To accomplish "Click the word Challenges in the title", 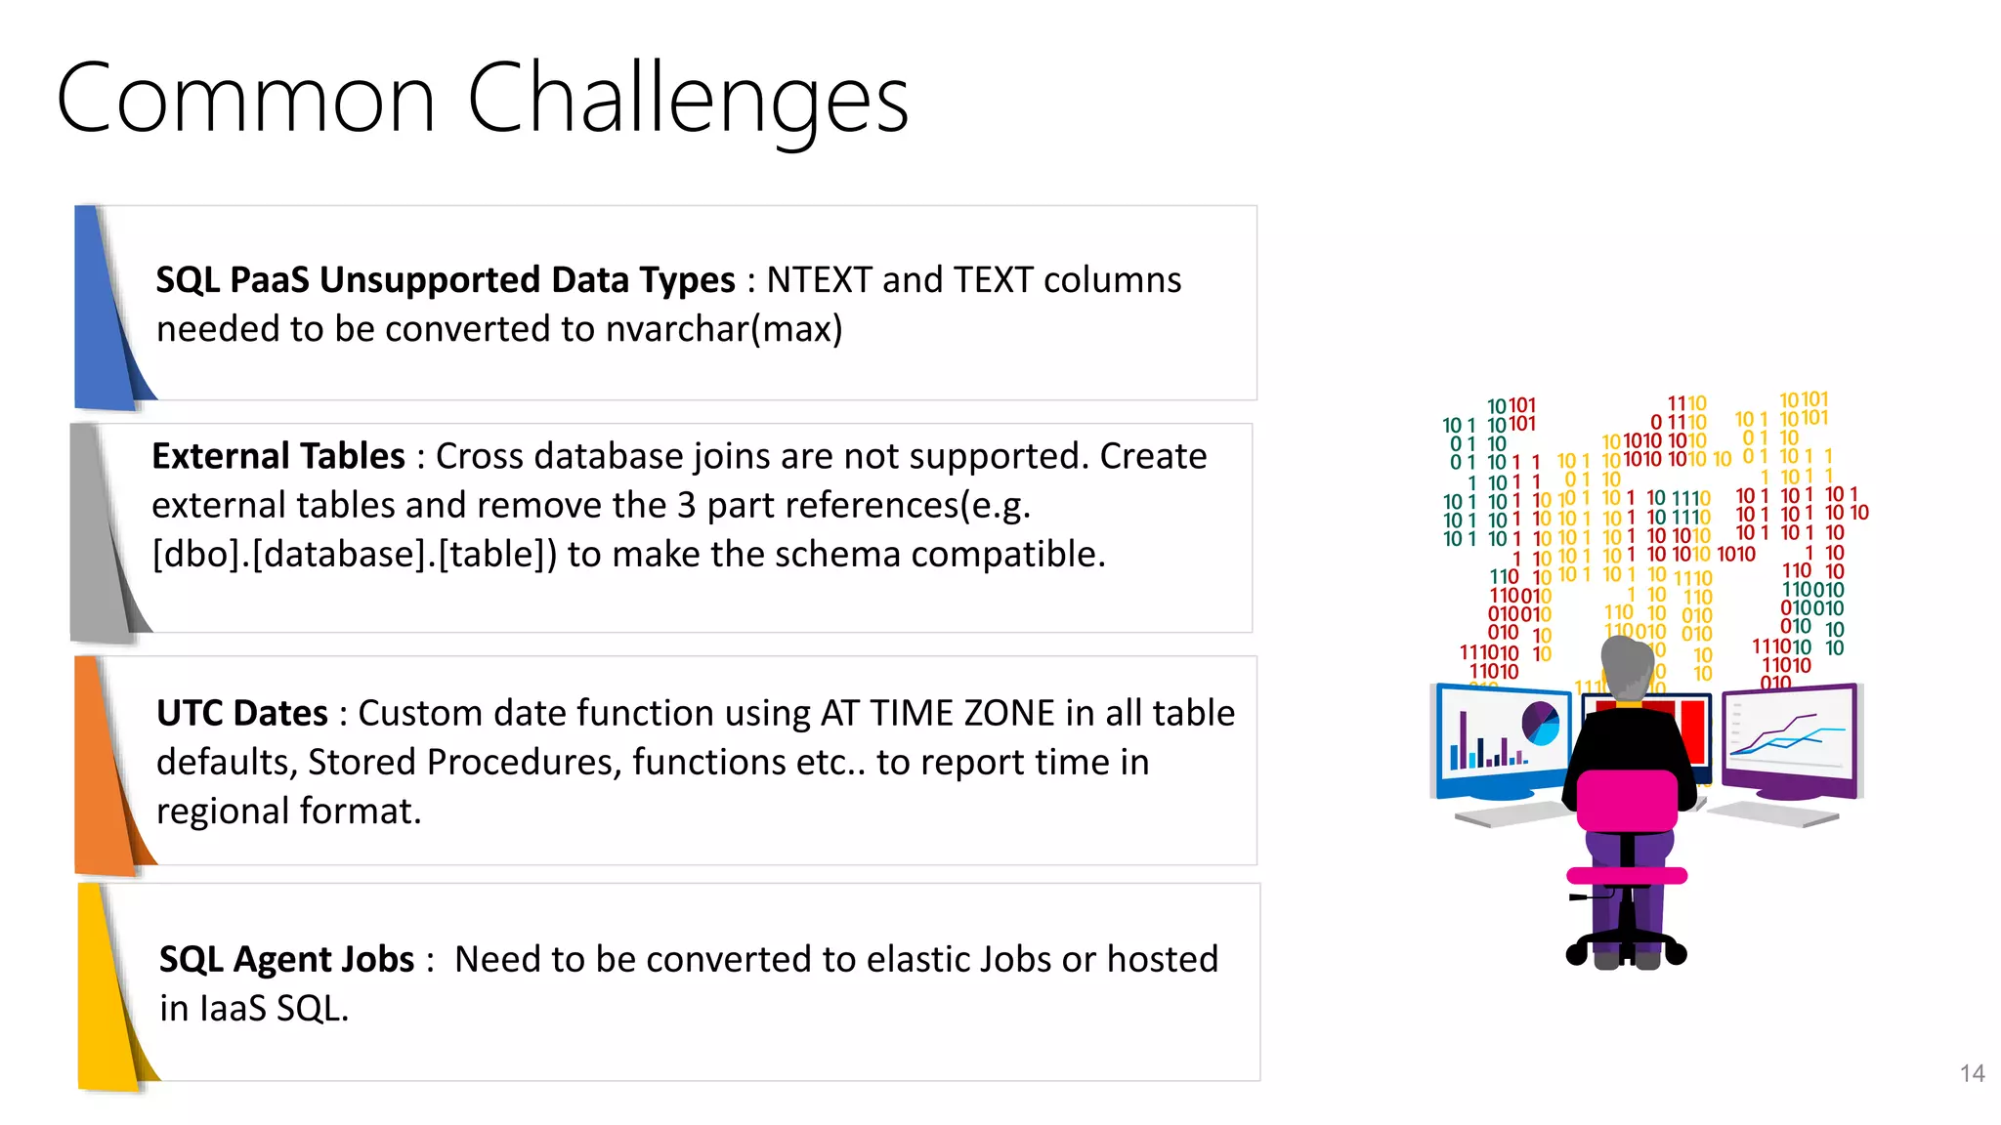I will click(688, 100).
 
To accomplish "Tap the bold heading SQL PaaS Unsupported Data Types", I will click(445, 280).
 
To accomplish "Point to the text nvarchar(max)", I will click(723, 329).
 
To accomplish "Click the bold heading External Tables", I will click(278, 456).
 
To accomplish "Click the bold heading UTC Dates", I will click(241, 713).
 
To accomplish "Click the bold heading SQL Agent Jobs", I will click(286, 959).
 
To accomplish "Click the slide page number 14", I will click(1972, 1073).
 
